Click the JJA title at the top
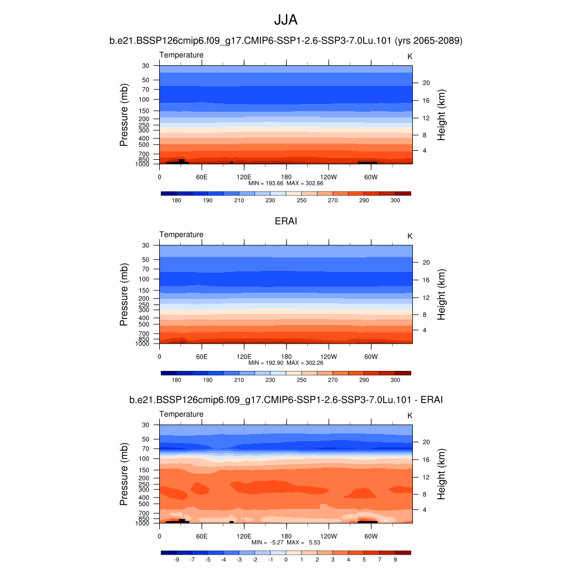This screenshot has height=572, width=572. [x=285, y=20]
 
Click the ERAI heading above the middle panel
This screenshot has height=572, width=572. [x=285, y=221]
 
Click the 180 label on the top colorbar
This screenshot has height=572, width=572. [x=177, y=200]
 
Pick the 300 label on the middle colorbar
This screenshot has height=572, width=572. [x=395, y=380]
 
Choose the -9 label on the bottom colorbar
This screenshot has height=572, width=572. [x=177, y=559]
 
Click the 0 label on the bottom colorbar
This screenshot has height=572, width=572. [x=285, y=559]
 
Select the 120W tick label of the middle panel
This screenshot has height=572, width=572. [x=328, y=356]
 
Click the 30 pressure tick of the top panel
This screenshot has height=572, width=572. [x=146, y=65]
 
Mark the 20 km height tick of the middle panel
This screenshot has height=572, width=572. [x=425, y=262]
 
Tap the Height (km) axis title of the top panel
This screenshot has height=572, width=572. [x=441, y=115]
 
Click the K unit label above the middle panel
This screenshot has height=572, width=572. [x=409, y=236]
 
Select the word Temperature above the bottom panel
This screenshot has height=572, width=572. [x=182, y=414]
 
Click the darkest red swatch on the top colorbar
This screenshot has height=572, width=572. [x=403, y=193]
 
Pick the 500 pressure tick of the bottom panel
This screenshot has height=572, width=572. [x=144, y=504]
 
